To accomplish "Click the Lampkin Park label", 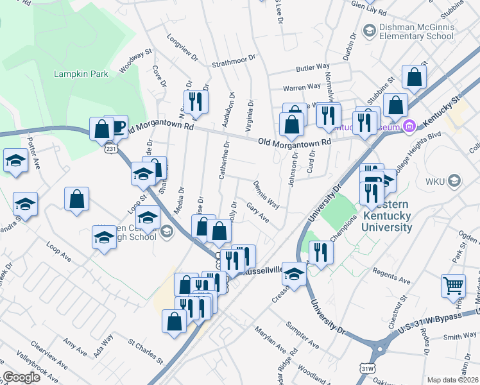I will tap(81, 74).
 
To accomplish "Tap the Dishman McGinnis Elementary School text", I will tap(417, 32).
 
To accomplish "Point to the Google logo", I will tap(21, 377).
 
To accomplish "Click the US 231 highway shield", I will tap(111, 149).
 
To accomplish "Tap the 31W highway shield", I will tap(368, 369).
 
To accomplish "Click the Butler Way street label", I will tap(313, 67).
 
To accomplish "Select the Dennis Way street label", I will tap(266, 194).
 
